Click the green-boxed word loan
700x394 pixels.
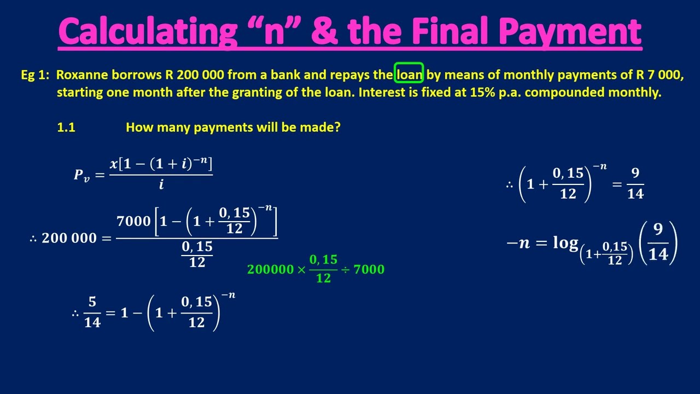[410, 75]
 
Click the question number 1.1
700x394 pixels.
[66, 128]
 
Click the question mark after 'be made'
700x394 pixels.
[337, 128]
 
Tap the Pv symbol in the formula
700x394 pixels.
[82, 174]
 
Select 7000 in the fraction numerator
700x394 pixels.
[133, 221]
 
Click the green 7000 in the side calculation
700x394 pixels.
[369, 269]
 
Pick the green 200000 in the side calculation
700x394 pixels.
[270, 269]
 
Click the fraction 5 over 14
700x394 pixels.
[92, 312]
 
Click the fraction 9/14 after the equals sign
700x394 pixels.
[635, 184]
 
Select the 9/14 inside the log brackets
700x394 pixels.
[658, 243]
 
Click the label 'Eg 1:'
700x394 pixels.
[35, 75]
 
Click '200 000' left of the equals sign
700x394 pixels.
[69, 238]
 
